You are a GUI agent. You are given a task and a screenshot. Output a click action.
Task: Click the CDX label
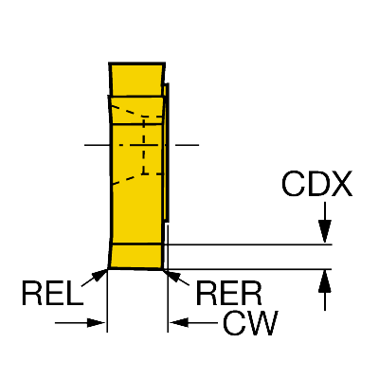[316, 184]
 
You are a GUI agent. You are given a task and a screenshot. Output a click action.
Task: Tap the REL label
[52, 294]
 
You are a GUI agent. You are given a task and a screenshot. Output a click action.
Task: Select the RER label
[229, 294]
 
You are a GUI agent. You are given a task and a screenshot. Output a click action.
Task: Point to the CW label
[251, 323]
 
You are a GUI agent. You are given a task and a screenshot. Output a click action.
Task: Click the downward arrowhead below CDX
[325, 231]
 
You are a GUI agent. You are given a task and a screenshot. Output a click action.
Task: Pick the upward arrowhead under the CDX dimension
[325, 281]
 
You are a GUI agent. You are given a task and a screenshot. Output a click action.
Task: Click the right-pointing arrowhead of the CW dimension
[96, 323]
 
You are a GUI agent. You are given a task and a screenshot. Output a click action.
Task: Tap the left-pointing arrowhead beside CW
[179, 323]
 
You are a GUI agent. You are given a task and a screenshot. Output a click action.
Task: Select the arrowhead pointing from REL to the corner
[99, 275]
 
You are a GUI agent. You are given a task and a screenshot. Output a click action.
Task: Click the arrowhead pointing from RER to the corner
[172, 275]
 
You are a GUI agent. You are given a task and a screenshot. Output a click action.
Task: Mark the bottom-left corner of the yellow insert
[108, 269]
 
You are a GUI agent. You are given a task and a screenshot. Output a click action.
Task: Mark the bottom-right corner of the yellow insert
[163, 270]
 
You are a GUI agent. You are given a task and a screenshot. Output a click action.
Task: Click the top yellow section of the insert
[136, 80]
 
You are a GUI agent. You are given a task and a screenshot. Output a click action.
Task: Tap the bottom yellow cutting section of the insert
[135, 257]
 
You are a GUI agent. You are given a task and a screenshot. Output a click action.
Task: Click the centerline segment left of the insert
[97, 145]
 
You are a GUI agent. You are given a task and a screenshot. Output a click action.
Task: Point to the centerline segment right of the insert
[187, 145]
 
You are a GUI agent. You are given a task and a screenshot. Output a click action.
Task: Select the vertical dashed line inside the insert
[144, 145]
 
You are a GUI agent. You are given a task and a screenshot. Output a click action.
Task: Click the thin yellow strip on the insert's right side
[166, 152]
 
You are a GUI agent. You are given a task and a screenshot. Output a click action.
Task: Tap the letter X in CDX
[340, 184]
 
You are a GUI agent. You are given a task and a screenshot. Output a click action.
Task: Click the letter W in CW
[262, 323]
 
